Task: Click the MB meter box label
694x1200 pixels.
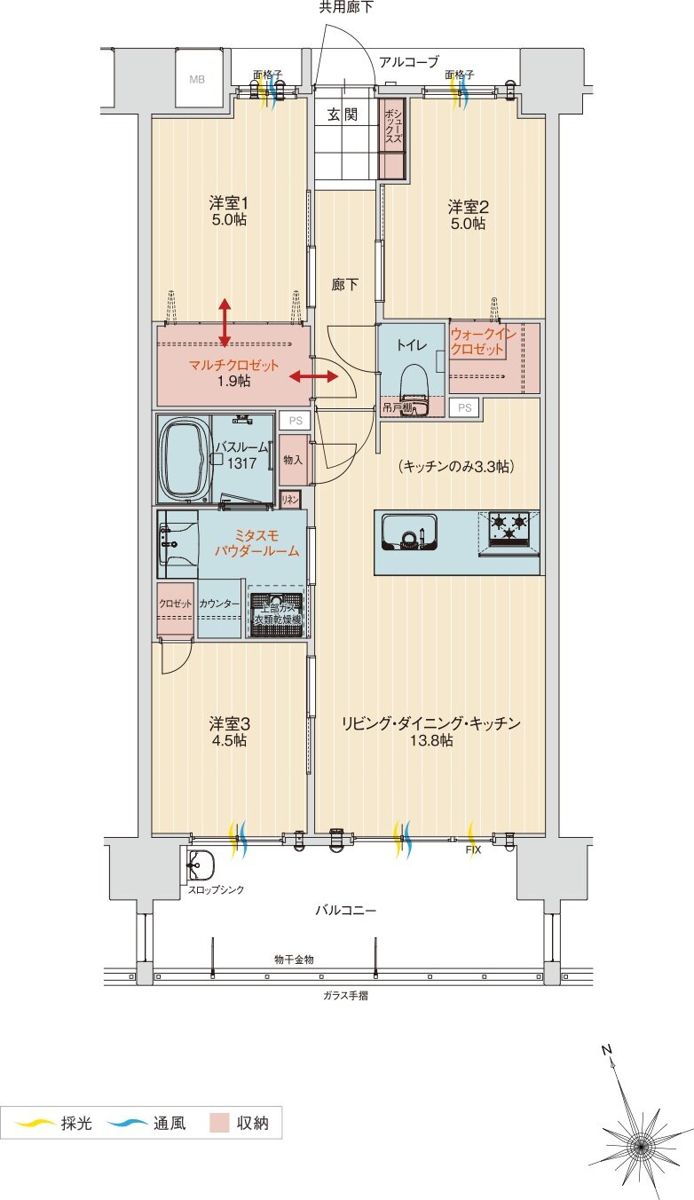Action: (197, 79)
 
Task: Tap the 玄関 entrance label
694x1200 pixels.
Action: (342, 114)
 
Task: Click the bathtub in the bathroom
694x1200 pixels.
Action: (183, 459)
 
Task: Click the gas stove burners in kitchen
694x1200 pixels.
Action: (509, 526)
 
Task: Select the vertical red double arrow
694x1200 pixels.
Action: (225, 322)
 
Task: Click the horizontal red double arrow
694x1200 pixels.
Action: (314, 377)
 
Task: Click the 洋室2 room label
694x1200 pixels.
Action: (468, 215)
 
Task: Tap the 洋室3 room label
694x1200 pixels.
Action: (228, 731)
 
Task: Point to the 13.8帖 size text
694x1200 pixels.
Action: (430, 740)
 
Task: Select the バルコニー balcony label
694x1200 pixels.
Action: (346, 911)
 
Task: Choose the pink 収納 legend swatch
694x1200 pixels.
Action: (219, 1123)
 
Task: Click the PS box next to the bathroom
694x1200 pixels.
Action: (293, 420)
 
